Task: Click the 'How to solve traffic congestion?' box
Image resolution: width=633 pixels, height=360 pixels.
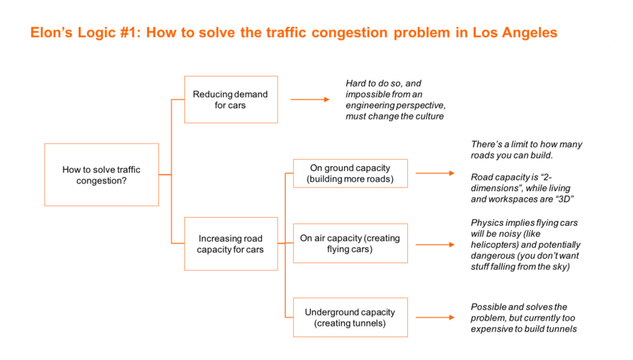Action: (101, 175)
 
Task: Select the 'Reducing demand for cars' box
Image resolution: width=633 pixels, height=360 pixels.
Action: (230, 100)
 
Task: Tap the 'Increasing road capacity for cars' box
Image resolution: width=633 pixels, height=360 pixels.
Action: (230, 244)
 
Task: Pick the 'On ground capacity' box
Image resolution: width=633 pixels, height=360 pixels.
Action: (350, 174)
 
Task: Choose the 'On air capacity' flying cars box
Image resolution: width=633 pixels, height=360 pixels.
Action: (350, 244)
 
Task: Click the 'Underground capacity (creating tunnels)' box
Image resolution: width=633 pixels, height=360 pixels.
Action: (350, 318)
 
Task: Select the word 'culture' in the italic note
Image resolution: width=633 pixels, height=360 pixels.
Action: (429, 116)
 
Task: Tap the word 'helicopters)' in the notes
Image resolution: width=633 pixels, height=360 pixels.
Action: (496, 245)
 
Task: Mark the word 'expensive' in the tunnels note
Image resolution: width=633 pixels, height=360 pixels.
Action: (490, 329)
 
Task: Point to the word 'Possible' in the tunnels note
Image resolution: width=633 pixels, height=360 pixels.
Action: (488, 307)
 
